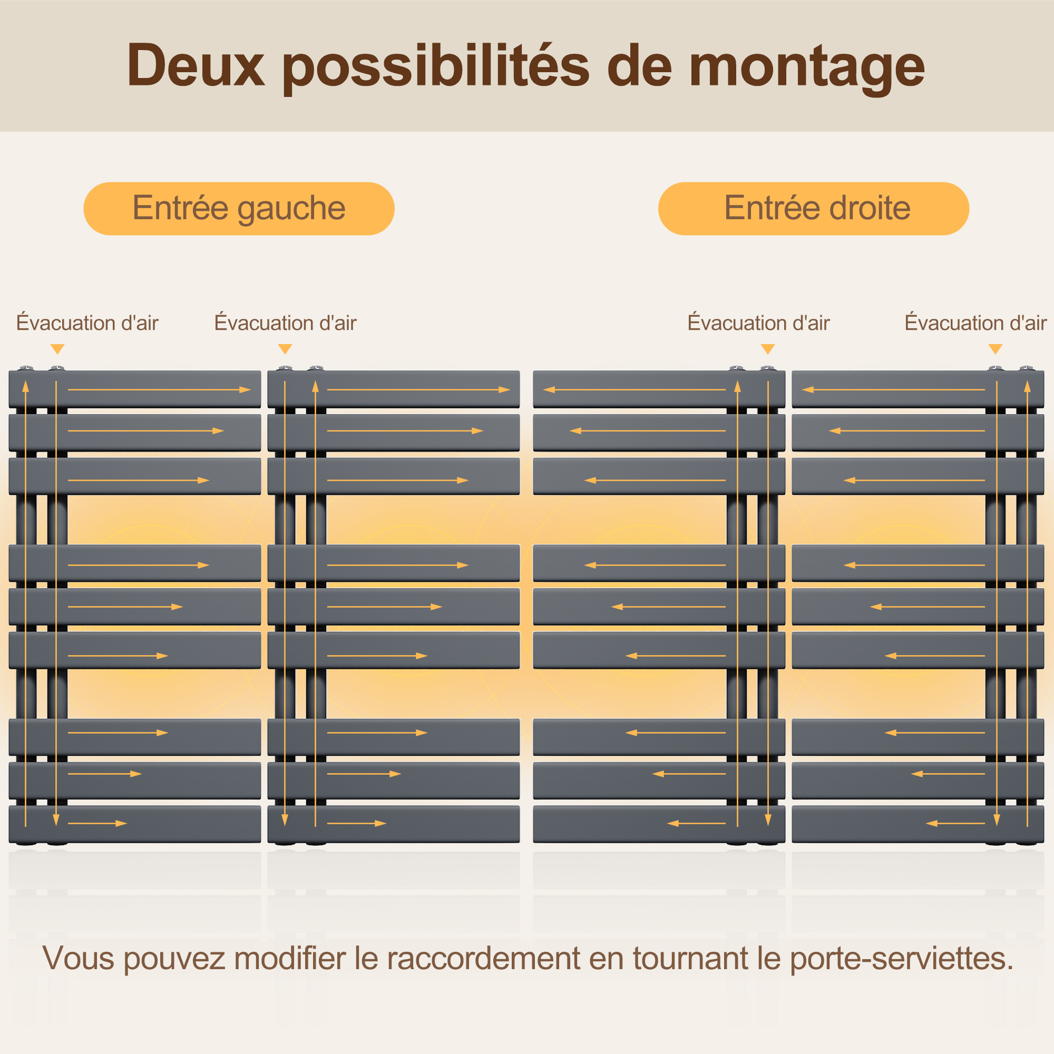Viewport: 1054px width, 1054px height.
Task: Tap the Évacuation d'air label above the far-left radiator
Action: (87, 323)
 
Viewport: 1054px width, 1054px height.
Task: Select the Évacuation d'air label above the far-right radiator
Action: (975, 323)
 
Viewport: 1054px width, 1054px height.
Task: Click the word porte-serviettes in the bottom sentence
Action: (902, 959)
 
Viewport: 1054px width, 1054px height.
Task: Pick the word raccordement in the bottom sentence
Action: (484, 959)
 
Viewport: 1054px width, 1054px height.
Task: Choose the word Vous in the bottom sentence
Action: (79, 959)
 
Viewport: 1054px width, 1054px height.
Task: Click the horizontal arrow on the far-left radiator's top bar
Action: (159, 389)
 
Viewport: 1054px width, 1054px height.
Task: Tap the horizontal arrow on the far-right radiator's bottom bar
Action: (955, 823)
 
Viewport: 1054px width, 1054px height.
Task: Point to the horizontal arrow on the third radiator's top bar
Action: (635, 389)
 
